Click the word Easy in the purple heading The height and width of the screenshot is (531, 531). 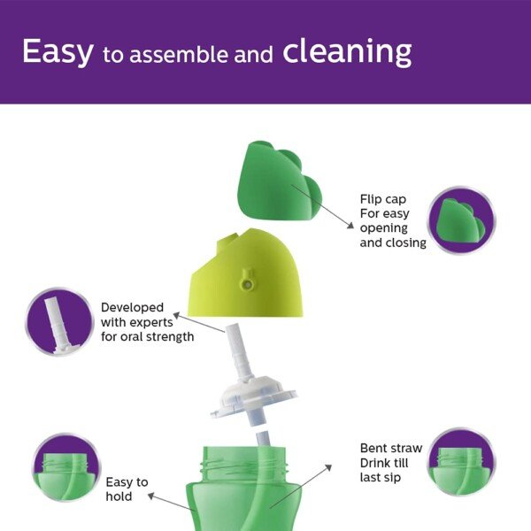coord(58,51)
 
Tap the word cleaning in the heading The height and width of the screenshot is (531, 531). coord(347,51)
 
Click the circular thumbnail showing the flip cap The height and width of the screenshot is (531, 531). coord(461,221)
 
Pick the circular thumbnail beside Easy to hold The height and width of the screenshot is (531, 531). coord(63,468)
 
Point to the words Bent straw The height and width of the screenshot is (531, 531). coord(390,449)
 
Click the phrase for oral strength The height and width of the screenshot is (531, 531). coord(147,337)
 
